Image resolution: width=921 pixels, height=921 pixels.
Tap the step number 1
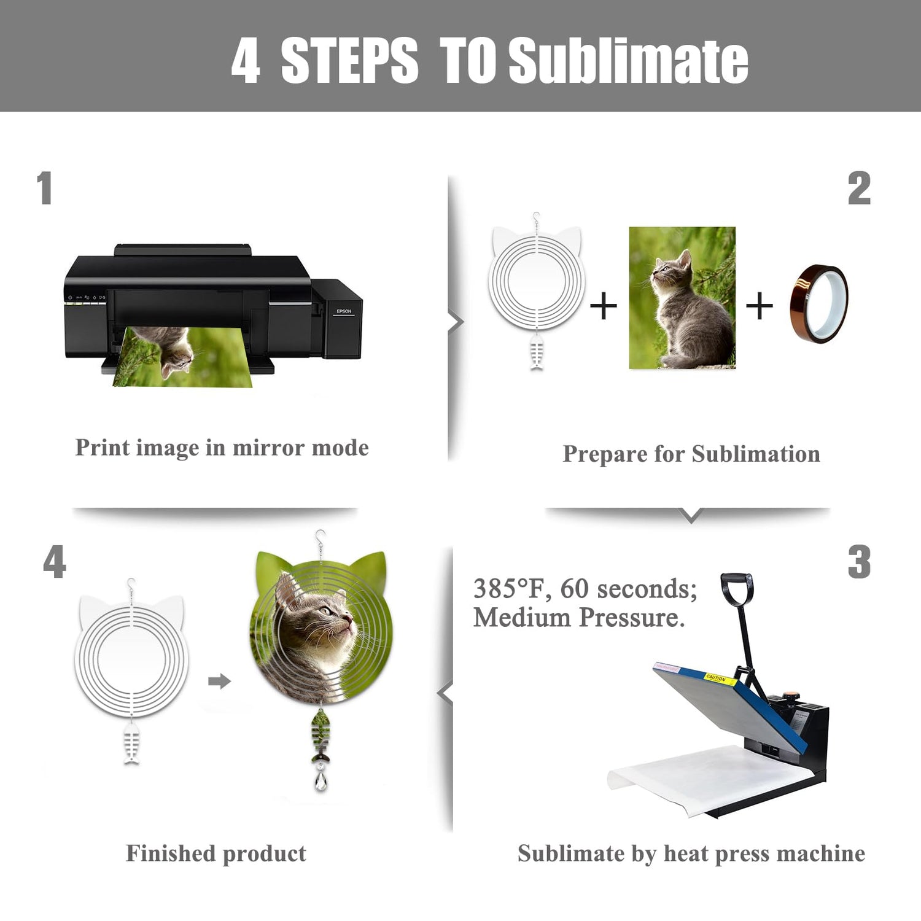[44, 188]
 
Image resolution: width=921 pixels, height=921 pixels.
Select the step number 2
[859, 188]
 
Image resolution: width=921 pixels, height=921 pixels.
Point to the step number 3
[859, 562]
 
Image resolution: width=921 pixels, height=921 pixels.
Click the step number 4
[55, 562]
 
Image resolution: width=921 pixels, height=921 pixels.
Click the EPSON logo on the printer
[344, 311]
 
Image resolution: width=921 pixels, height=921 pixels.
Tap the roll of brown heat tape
[819, 303]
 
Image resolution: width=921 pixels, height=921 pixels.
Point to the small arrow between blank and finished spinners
[219, 681]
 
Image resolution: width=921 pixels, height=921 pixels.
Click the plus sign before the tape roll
[760, 305]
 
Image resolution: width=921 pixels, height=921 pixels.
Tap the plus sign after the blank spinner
[603, 305]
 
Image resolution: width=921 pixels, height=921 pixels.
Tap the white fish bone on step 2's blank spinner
[537, 352]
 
